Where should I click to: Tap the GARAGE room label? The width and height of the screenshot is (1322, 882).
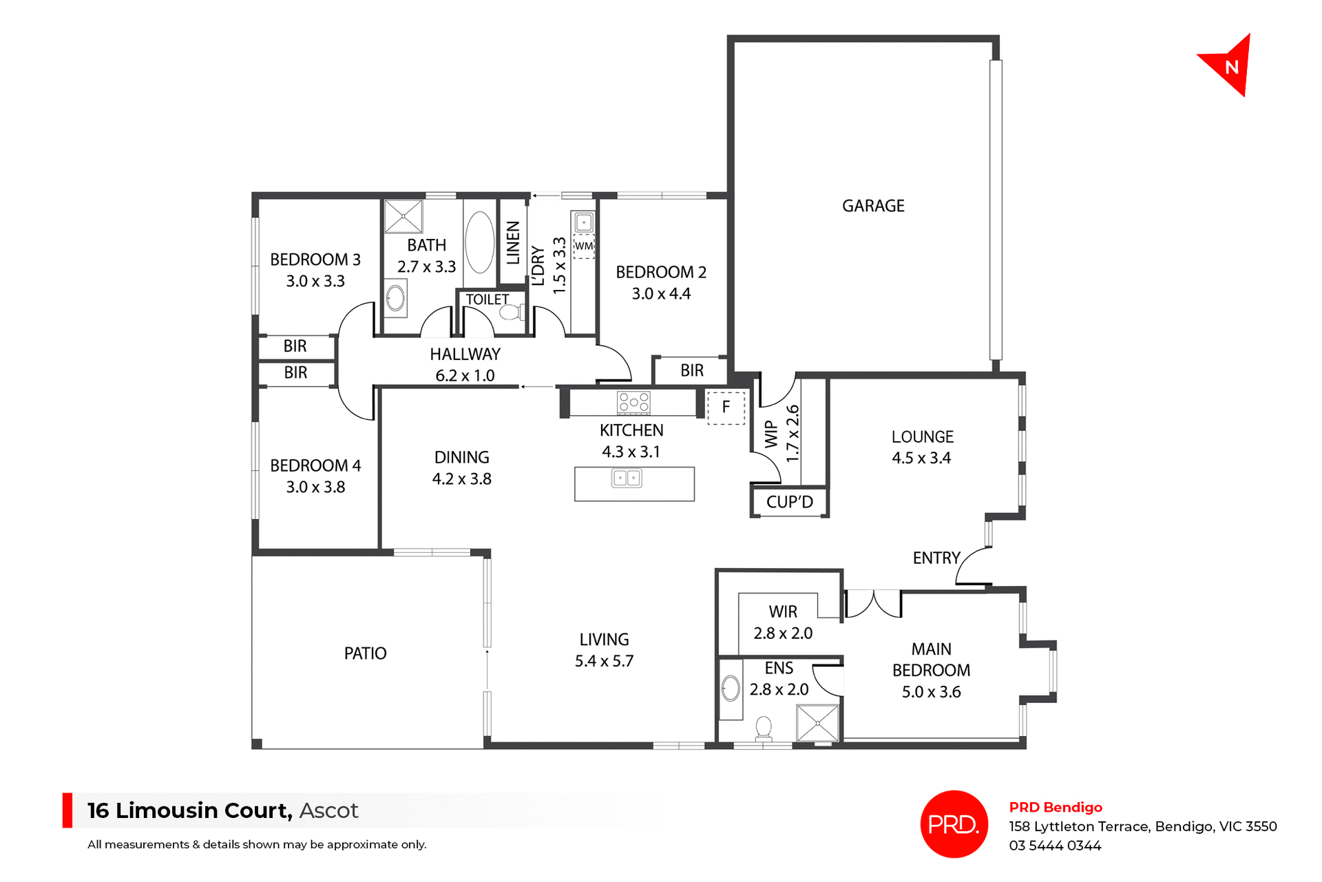[873, 206]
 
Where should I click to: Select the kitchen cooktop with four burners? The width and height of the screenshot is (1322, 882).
[633, 402]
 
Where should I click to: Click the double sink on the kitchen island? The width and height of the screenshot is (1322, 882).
[627, 478]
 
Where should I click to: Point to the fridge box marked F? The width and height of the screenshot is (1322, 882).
[726, 407]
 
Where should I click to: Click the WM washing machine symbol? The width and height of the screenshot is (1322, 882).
[584, 246]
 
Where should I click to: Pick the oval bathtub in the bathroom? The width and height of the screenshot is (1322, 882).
[479, 242]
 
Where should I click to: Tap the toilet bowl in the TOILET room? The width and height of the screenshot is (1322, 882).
[510, 313]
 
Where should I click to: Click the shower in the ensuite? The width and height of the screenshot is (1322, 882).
[818, 723]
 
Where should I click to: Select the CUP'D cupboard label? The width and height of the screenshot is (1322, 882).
[789, 502]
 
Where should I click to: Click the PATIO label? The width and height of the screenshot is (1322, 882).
[365, 653]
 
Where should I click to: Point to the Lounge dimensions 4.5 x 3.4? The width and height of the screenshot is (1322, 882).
[921, 458]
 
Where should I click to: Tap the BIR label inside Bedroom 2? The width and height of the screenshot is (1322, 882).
[692, 370]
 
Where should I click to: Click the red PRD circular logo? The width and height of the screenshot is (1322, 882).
[954, 824]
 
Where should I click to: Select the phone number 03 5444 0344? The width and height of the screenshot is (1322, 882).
[1055, 846]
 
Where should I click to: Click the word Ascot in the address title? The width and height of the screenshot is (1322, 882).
[329, 810]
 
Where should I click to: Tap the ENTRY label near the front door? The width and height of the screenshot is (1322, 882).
[936, 558]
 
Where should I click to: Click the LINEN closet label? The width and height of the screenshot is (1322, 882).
[513, 242]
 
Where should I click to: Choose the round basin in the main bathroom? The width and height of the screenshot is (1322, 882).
[395, 298]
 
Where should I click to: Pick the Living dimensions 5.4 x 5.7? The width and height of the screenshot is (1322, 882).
[604, 661]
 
